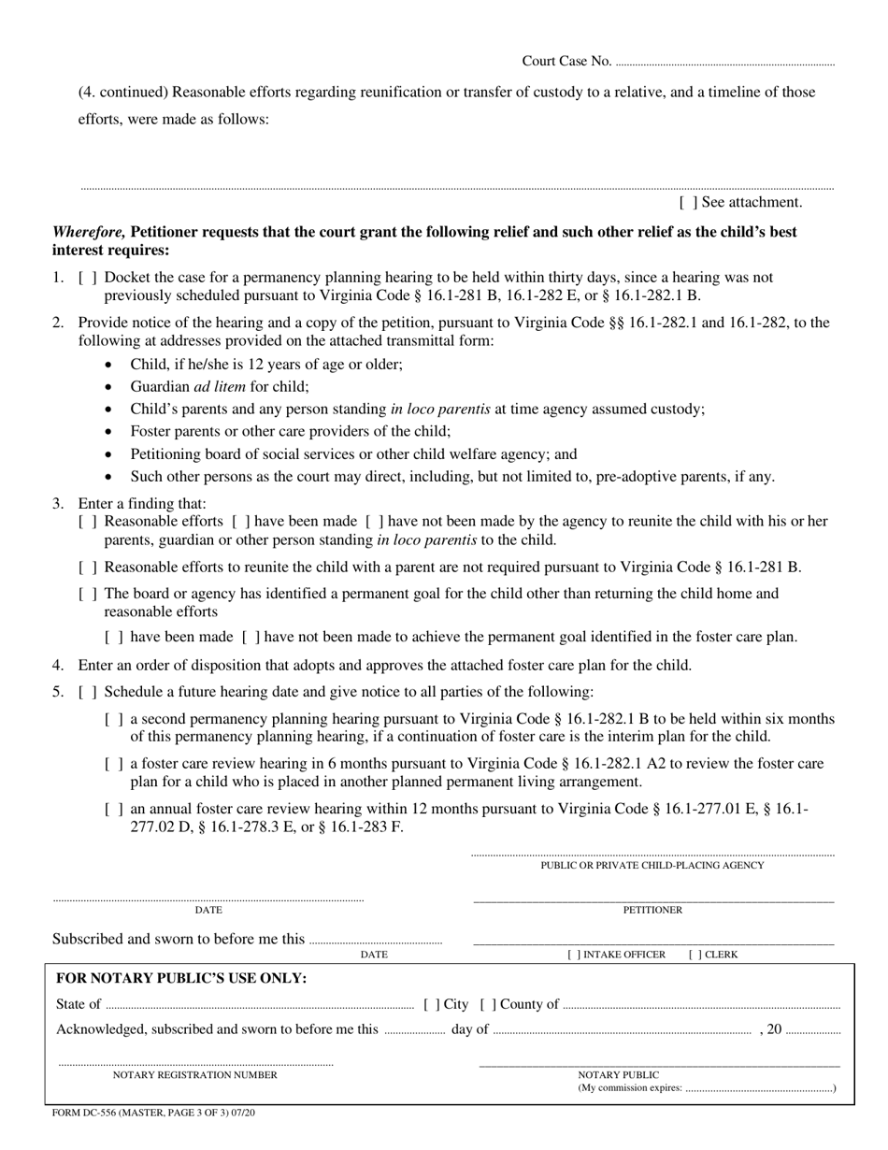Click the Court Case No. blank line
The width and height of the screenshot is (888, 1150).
tap(725, 63)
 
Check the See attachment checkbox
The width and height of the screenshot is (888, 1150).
tap(688, 202)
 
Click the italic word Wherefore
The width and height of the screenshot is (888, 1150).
tap(89, 232)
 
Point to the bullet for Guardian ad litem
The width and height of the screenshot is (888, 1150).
tap(110, 387)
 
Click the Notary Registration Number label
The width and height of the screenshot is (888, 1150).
tap(194, 1075)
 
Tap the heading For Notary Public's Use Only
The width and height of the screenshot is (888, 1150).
tap(181, 979)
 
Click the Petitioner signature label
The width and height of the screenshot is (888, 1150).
tap(652, 910)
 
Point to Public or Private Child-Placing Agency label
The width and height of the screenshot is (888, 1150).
tap(652, 866)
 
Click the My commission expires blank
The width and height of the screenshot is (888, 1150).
tap(758, 1089)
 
